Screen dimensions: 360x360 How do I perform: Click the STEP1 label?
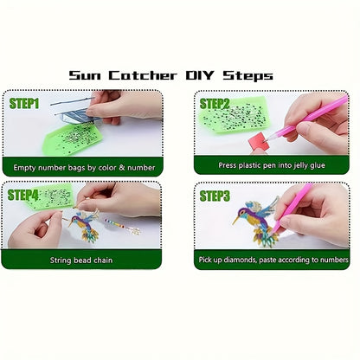24,103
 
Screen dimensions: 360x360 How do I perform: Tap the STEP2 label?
215,104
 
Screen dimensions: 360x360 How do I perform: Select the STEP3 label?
215,196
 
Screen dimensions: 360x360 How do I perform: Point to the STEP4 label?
22,195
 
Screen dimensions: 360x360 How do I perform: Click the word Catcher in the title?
143,75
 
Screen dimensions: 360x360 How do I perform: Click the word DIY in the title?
200,75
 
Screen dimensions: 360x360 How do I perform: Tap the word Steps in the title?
247,76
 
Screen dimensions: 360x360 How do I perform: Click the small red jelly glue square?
259,140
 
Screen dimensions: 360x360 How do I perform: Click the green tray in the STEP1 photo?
73,138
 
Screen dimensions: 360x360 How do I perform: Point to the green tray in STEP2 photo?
233,115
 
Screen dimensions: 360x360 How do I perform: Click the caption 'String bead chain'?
81,260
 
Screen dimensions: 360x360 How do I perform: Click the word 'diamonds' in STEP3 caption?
240,260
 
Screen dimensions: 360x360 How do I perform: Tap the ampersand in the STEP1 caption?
122,167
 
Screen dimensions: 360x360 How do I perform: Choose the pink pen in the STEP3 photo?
292,208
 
